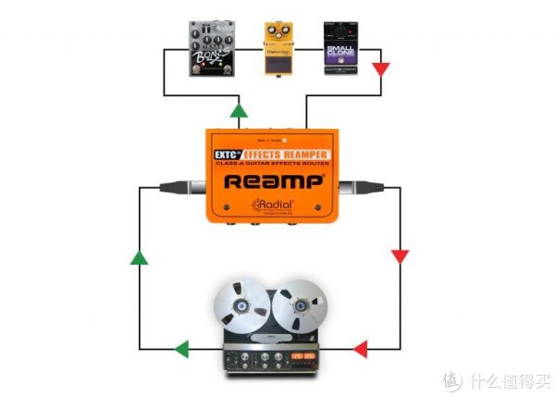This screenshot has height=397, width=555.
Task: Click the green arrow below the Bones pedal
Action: (240, 110)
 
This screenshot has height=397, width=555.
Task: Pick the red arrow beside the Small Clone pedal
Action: (381, 68)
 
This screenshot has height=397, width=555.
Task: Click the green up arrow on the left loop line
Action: (138, 256)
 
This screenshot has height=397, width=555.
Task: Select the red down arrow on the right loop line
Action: (400, 255)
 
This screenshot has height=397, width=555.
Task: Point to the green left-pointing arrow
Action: (181, 348)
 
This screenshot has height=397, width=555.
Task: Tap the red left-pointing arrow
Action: (360, 348)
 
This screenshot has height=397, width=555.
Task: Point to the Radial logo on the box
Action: (272, 205)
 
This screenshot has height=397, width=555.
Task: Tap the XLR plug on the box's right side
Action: (351, 189)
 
